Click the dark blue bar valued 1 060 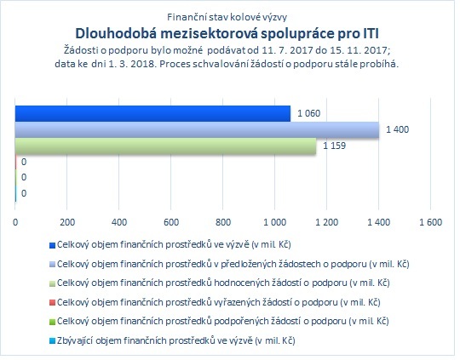152,114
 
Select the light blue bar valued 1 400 197,130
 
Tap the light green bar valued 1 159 165,146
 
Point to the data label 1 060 308,113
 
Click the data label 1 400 397,129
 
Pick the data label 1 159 334,146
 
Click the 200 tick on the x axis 67,222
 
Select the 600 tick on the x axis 171,222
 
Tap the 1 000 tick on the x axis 274,222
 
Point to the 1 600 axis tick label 430,222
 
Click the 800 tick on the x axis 223,222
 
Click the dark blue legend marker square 52,245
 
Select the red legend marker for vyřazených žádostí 52,303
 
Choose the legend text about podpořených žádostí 223,322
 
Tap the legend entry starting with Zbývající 176,340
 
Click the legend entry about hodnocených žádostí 223,283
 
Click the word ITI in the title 370,33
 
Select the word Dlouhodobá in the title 116,33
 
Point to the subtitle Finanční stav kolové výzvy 227,17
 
